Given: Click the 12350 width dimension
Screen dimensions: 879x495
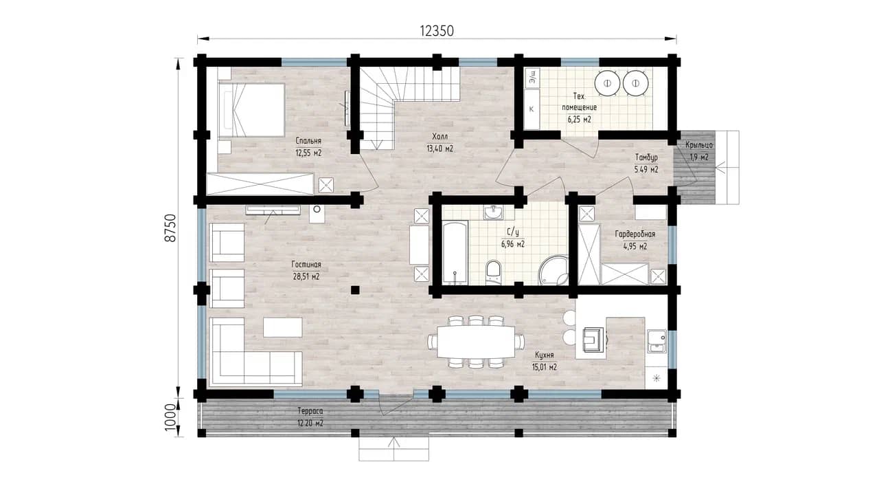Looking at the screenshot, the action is [x=437, y=31].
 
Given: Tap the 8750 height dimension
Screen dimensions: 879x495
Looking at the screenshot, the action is [x=171, y=228].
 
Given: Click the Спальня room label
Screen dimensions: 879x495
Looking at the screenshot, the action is [x=308, y=141].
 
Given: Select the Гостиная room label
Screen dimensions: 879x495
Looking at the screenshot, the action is [x=306, y=265].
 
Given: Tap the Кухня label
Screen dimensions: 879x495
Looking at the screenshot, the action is [x=545, y=355].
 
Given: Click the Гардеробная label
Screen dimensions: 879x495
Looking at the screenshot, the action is [x=635, y=234].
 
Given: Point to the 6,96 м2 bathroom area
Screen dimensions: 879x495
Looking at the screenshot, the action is [x=512, y=244].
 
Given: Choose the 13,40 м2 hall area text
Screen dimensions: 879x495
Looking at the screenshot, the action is [x=439, y=148].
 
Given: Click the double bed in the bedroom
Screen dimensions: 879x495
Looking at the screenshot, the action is [x=251, y=109].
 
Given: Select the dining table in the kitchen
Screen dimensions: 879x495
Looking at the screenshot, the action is [x=476, y=342].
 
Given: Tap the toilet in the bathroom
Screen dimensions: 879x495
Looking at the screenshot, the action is [x=493, y=272].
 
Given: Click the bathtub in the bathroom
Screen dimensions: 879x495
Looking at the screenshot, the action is [x=455, y=252].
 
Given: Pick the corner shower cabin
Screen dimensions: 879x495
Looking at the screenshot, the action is [x=554, y=271].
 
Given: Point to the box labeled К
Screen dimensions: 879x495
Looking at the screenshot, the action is [x=532, y=109].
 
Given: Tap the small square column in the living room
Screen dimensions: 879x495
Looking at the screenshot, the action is [x=355, y=290].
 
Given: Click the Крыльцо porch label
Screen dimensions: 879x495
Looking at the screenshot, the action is [x=699, y=145].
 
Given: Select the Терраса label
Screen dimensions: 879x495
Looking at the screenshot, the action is [x=310, y=411].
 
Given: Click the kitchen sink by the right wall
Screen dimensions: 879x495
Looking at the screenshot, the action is [x=657, y=341].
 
